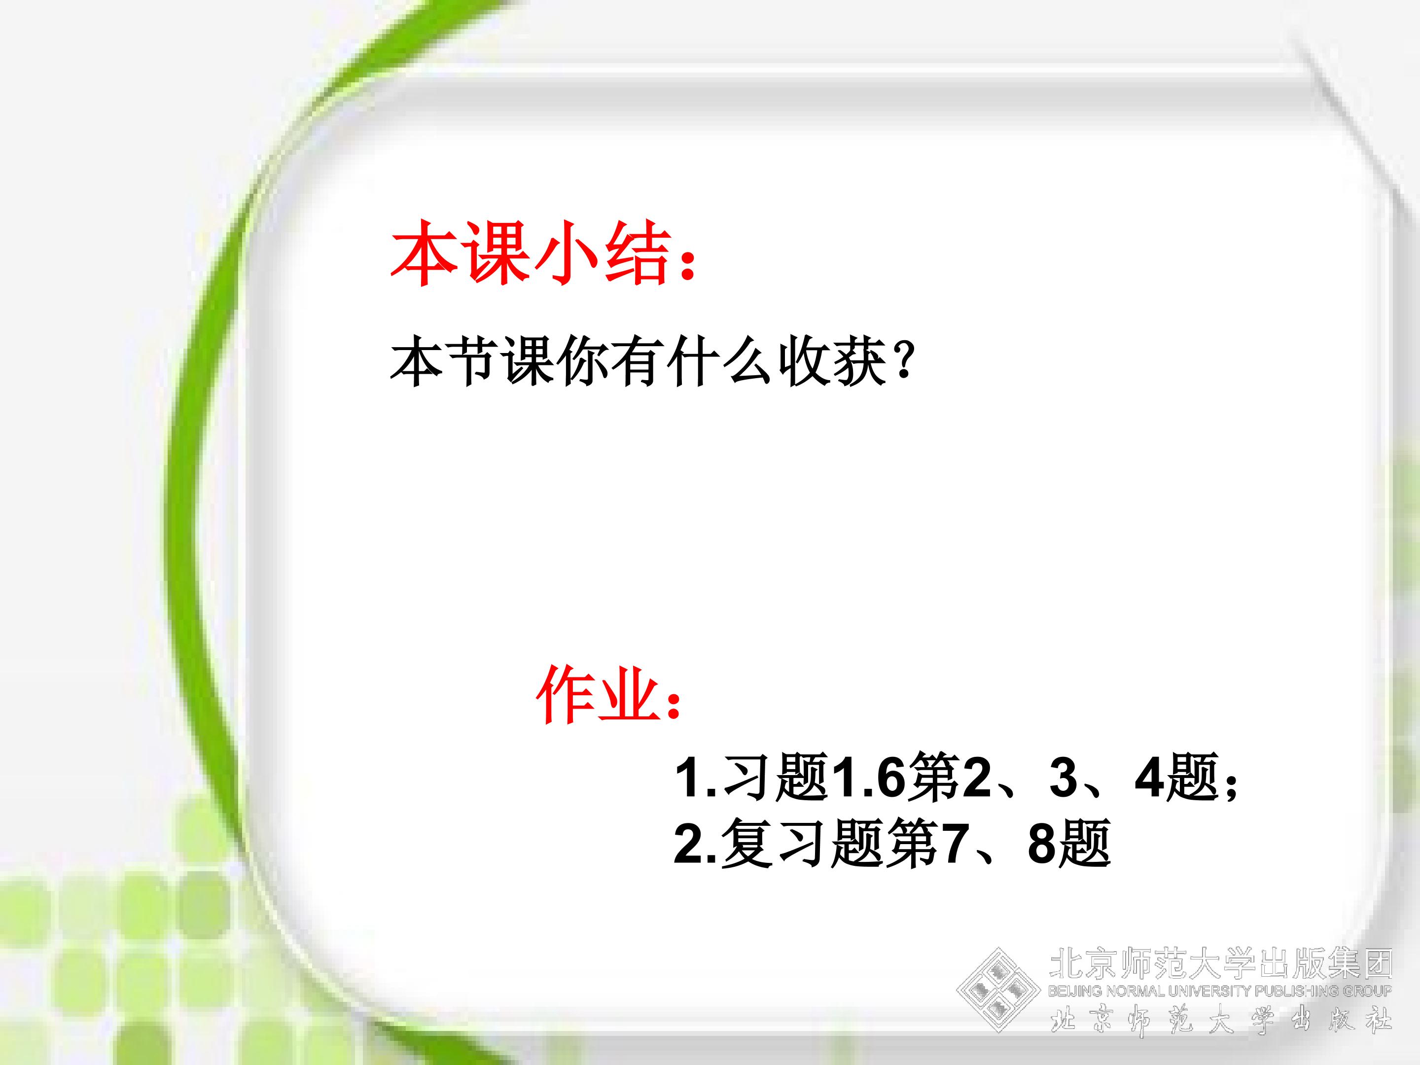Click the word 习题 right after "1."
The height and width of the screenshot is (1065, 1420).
776,777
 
